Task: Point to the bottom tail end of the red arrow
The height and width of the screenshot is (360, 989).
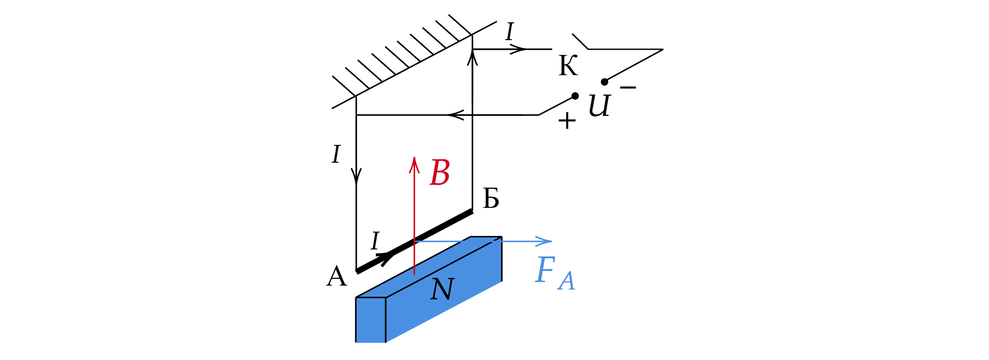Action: pyautogui.click(x=414, y=274)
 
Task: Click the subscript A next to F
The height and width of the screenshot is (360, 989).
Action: pyautogui.click(x=567, y=281)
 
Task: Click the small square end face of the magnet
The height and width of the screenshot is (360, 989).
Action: pyautogui.click(x=371, y=320)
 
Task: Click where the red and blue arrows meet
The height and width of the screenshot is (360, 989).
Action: pyautogui.click(x=415, y=241)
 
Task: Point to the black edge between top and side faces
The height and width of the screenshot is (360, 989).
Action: pyautogui.click(x=442, y=268)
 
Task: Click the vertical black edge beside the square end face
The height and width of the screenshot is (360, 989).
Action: pyautogui.click(x=386, y=320)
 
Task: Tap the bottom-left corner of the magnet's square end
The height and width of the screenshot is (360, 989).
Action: pyautogui.click(x=357, y=342)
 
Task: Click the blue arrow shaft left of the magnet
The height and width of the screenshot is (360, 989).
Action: pyautogui.click(x=438, y=241)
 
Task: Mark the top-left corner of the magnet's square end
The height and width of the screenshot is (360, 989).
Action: pyautogui.click(x=357, y=298)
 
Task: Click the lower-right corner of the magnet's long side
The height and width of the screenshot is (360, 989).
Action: pyautogui.click(x=501, y=282)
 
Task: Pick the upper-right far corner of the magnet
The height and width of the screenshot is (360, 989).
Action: pyautogui.click(x=500, y=239)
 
